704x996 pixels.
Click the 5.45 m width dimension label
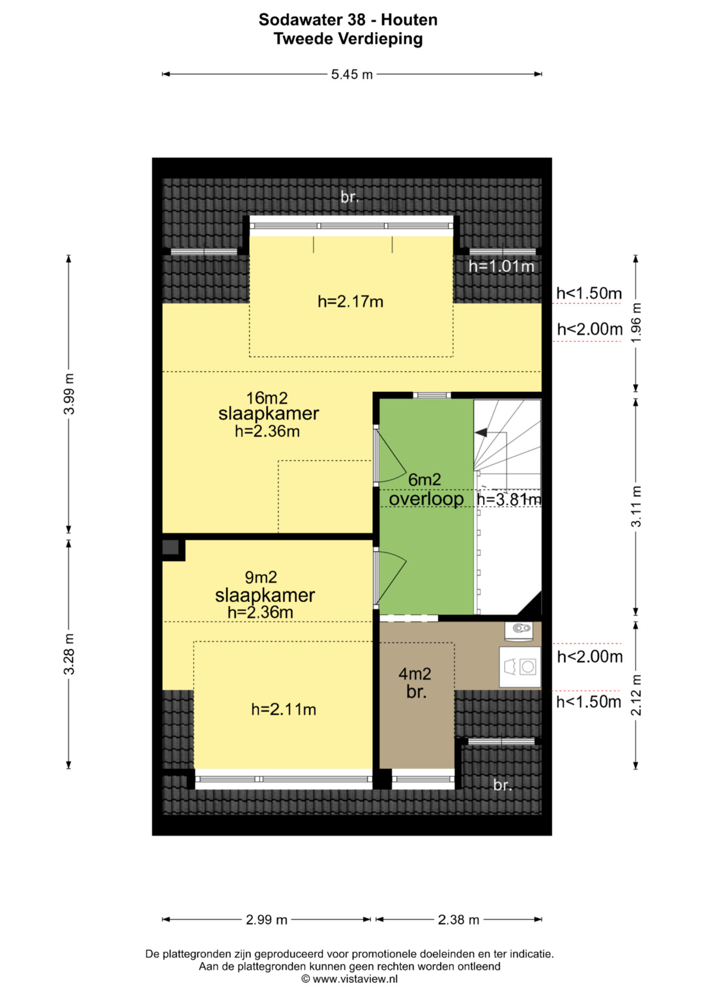pyautogui.click(x=351, y=74)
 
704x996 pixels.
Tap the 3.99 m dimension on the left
pyautogui.click(x=69, y=394)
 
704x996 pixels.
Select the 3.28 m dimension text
pyautogui.click(x=69, y=654)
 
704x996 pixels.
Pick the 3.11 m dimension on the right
pyautogui.click(x=636, y=506)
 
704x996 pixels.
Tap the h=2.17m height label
pyautogui.click(x=350, y=302)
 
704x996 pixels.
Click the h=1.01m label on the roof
pyautogui.click(x=501, y=266)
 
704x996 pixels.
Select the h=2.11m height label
pyautogui.click(x=284, y=709)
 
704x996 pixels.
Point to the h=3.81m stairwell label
pyautogui.click(x=509, y=500)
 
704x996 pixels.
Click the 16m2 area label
pyautogui.click(x=267, y=397)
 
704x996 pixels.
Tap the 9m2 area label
pyautogui.click(x=261, y=577)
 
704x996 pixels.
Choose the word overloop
pyautogui.click(x=426, y=498)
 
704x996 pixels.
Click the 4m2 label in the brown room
pyautogui.click(x=415, y=674)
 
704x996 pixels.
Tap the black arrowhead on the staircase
pyautogui.click(x=480, y=432)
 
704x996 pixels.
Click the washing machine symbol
pyautogui.click(x=520, y=667)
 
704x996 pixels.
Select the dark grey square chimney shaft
pyautogui.click(x=170, y=547)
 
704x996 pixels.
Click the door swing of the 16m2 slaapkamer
pyautogui.click(x=391, y=455)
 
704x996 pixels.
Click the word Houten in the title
pyautogui.click(x=409, y=20)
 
